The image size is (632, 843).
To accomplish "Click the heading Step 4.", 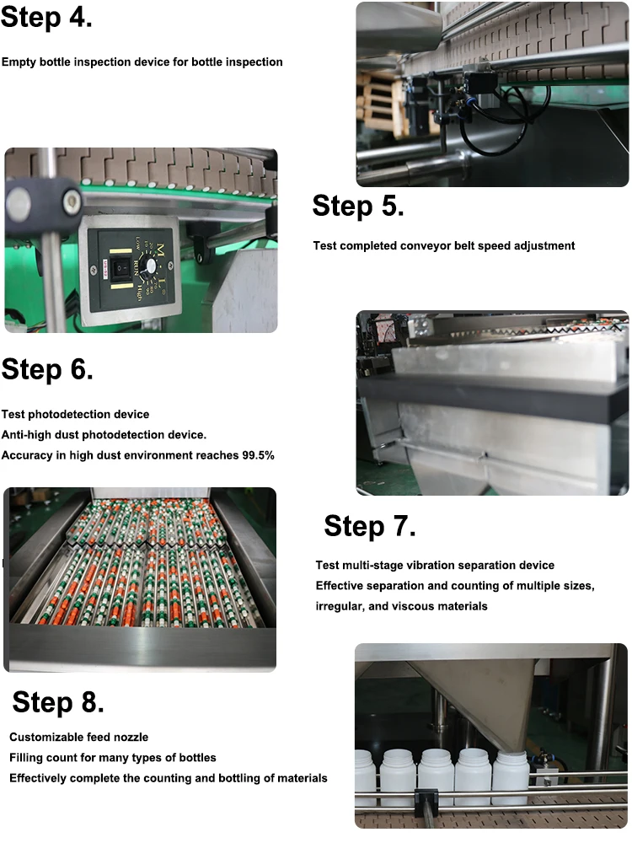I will [46, 18].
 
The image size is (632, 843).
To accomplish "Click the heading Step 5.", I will [357, 206].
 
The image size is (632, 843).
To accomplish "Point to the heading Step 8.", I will [58, 701].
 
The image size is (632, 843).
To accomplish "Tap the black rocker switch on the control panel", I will [105, 266].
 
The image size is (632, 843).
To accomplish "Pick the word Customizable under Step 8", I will [48, 738].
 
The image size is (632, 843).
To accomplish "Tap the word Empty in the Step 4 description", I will [19, 62].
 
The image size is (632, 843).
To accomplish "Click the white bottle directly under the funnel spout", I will [509, 777].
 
